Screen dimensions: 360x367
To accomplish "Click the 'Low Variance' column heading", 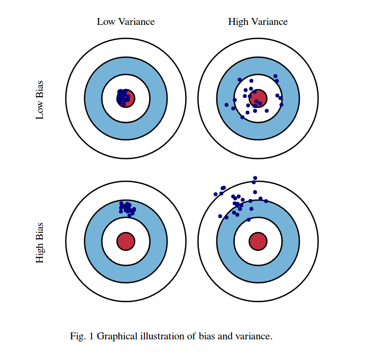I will coord(126,22).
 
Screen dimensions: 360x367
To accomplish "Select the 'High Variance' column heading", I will coord(258,22).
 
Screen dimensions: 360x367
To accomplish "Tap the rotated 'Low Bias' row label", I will coord(40,100).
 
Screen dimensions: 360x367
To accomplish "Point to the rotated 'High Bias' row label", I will coord(40,242).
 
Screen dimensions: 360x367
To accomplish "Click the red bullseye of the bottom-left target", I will coord(126,241).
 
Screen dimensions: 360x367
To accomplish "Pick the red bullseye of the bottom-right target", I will coord(258,240).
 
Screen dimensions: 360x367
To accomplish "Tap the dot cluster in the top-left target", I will coord(123,97).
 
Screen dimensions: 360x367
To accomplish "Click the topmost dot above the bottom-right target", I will coord(255,178).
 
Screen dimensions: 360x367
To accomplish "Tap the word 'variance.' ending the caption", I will coord(254,336).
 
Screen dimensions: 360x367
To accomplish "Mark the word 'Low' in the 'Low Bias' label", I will coord(40,110).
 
